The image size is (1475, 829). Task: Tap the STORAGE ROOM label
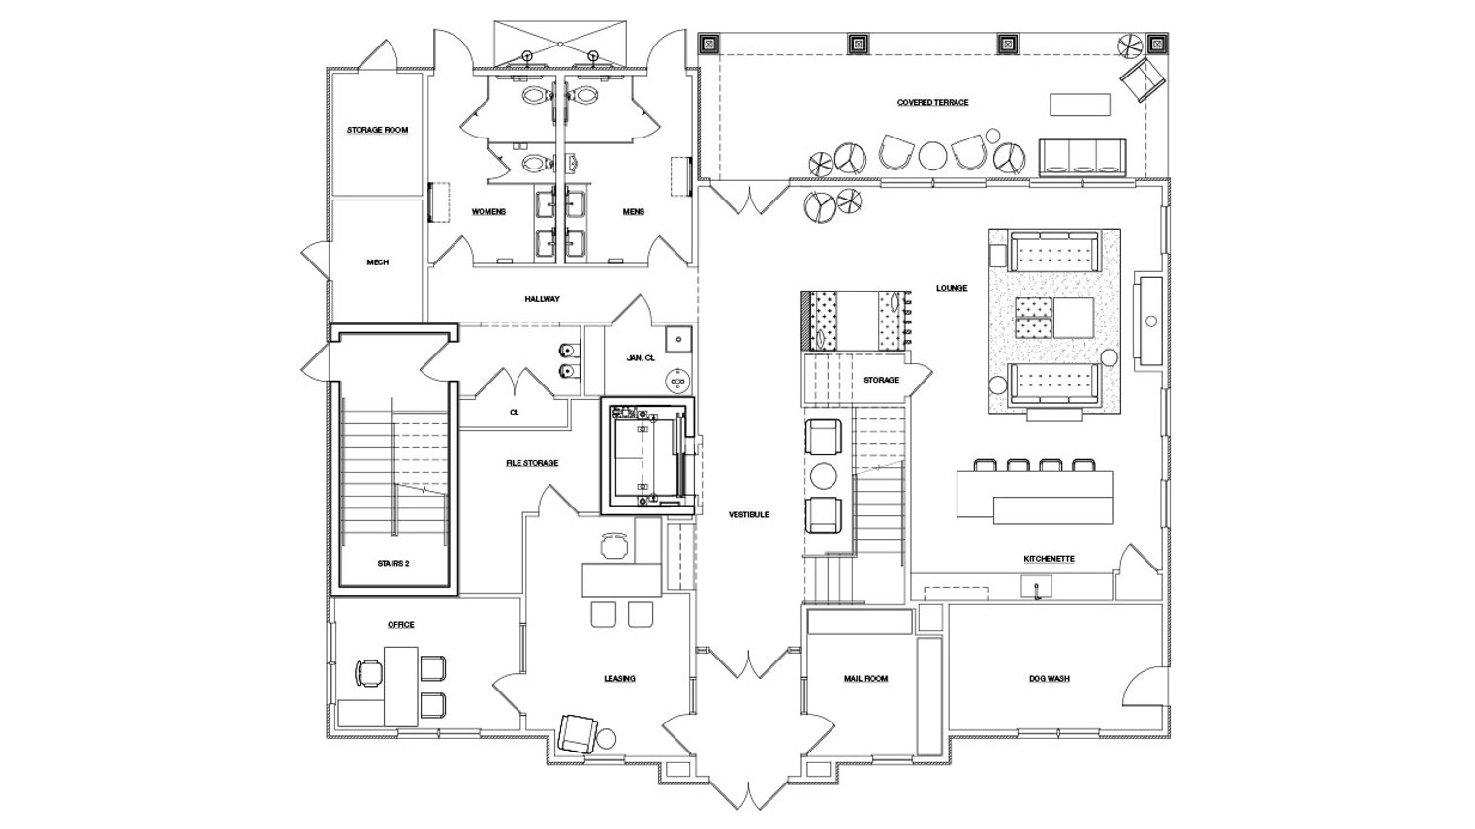pos(377,131)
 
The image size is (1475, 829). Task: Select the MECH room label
pos(377,262)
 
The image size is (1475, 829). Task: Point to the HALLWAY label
pos(542,299)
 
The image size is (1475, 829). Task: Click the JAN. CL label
pos(641,358)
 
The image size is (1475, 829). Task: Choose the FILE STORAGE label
pos(532,463)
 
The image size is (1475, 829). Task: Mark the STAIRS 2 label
pos(393,564)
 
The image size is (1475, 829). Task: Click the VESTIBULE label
pos(749,515)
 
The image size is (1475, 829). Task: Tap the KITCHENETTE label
pos(1049,559)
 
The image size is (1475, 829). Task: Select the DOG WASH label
pos(1049,678)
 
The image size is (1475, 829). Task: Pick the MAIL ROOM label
pos(865,678)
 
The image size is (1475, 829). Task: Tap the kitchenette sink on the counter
pos(1036,587)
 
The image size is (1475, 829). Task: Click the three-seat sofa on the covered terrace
pos(1083,157)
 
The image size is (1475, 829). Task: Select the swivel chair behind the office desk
pos(368,673)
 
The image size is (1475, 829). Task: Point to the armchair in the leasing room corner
pos(578,733)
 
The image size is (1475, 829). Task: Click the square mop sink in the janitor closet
pos(677,340)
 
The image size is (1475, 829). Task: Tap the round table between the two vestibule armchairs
pos(823,476)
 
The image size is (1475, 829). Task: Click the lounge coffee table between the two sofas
pos(1054,319)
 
